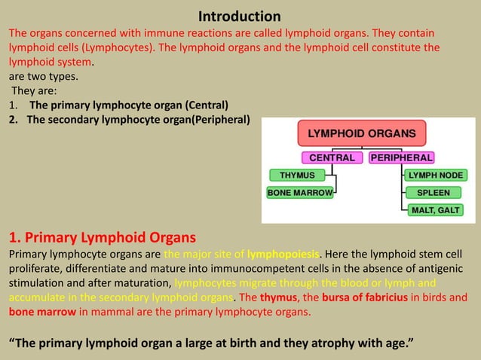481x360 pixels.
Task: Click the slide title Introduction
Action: (x=240, y=16)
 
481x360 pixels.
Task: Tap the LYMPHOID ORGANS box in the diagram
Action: (x=361, y=133)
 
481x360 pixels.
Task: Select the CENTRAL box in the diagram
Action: (x=332, y=158)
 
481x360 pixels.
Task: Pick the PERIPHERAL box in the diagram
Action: (x=400, y=158)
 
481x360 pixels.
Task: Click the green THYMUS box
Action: (x=297, y=175)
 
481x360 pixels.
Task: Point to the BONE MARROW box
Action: (x=299, y=193)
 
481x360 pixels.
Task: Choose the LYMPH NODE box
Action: (x=435, y=175)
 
